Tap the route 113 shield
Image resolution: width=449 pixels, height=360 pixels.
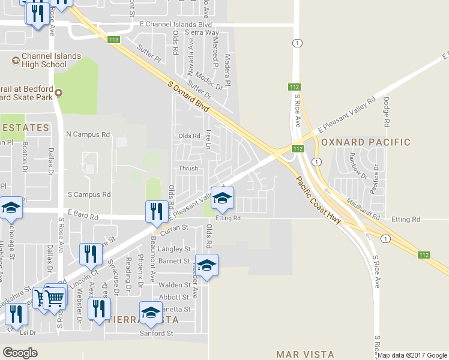point(114,40)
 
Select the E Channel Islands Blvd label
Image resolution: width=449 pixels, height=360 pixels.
point(175,25)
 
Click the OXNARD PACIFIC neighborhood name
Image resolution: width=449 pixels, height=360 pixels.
point(366,142)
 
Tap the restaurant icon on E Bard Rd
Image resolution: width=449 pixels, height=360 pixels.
point(155,211)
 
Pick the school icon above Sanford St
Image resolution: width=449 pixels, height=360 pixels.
point(151,313)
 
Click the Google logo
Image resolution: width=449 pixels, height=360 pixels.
point(20,353)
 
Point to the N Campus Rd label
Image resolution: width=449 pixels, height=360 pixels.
point(89,134)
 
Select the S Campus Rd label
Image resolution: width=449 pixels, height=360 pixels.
point(89,194)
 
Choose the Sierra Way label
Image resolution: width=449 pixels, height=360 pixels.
point(202,32)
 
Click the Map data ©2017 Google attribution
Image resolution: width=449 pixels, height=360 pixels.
point(412,355)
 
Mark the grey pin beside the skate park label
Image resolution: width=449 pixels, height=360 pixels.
point(59,92)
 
